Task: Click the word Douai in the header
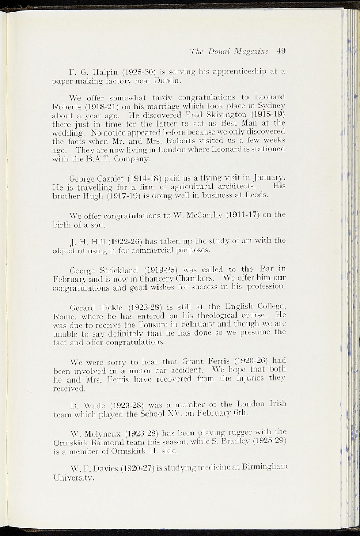(x=215, y=51)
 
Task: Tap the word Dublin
(x=167, y=81)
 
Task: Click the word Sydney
(x=269, y=106)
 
